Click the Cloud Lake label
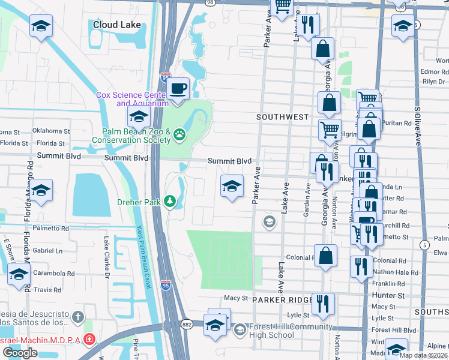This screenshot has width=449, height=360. [117, 25]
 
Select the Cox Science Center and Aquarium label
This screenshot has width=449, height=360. [132, 99]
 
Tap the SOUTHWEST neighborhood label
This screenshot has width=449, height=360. [283, 117]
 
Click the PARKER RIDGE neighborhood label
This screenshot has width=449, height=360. [282, 299]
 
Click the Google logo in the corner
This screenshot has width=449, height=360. [19, 353]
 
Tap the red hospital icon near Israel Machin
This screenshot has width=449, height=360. [89, 340]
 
